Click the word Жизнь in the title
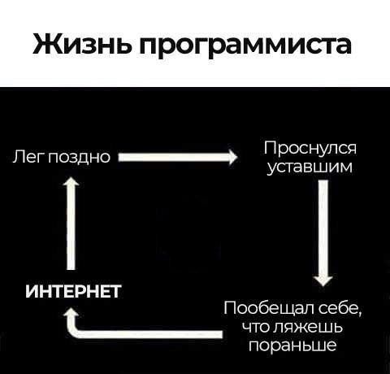click(x=82, y=44)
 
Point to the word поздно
click(x=80, y=157)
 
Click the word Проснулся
click(x=310, y=148)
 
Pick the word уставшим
click(x=310, y=167)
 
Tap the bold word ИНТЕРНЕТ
click(x=73, y=292)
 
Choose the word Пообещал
click(x=268, y=309)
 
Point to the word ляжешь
click(x=308, y=327)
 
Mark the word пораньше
click(x=292, y=346)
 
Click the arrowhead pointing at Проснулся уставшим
click(x=232, y=157)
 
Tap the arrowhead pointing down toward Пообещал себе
click(x=323, y=281)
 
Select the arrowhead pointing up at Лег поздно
click(x=71, y=181)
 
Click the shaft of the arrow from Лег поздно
click(x=173, y=157)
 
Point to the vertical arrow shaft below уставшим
click(x=323, y=228)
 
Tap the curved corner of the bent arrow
click(x=76, y=331)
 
